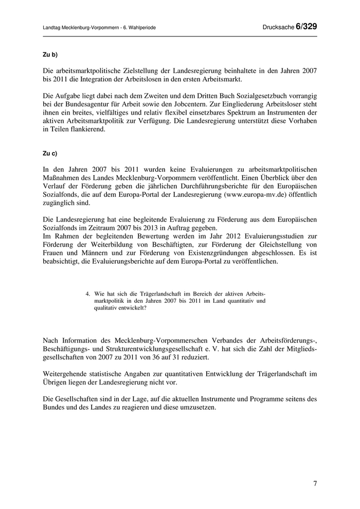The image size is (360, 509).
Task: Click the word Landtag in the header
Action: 51,27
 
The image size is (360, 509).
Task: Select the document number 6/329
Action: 306,27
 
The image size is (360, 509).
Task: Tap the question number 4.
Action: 88,293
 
